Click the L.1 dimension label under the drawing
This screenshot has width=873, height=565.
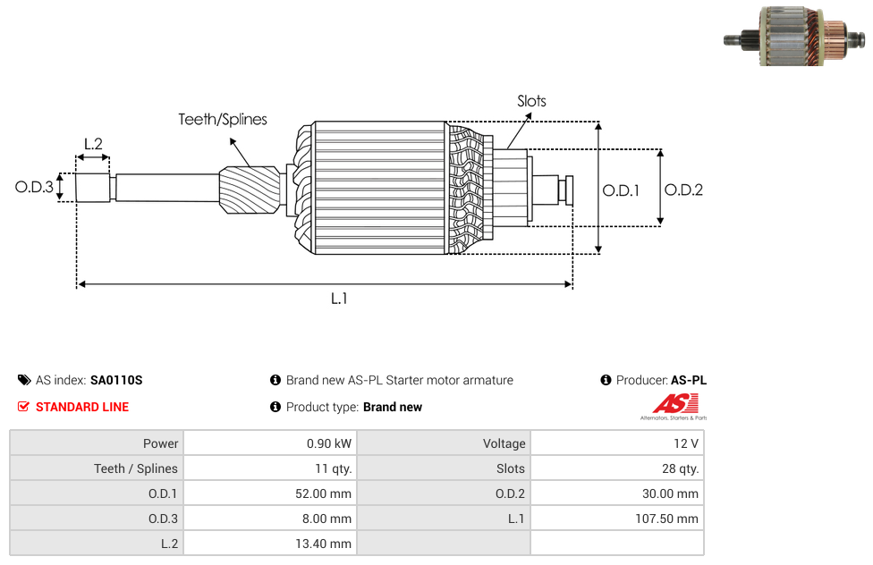(x=339, y=299)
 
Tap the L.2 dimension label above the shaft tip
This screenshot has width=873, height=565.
(x=93, y=144)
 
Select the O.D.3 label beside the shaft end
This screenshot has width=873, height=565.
(x=34, y=187)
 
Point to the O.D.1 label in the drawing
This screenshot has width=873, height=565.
(x=621, y=191)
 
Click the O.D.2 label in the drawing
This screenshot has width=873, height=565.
(x=683, y=190)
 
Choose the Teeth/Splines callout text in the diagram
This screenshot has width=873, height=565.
(x=223, y=120)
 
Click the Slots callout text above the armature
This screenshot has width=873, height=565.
(x=531, y=101)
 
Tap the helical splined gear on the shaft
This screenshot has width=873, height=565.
(x=250, y=190)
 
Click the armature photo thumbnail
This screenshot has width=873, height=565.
(x=794, y=36)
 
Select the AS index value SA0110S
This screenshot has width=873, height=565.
(x=116, y=380)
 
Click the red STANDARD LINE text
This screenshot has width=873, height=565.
(x=82, y=407)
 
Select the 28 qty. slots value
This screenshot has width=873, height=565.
(x=680, y=468)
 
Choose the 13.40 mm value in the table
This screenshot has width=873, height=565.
(x=323, y=544)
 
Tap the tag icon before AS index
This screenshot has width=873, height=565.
(x=24, y=380)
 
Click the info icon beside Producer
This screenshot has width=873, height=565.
(x=606, y=380)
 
